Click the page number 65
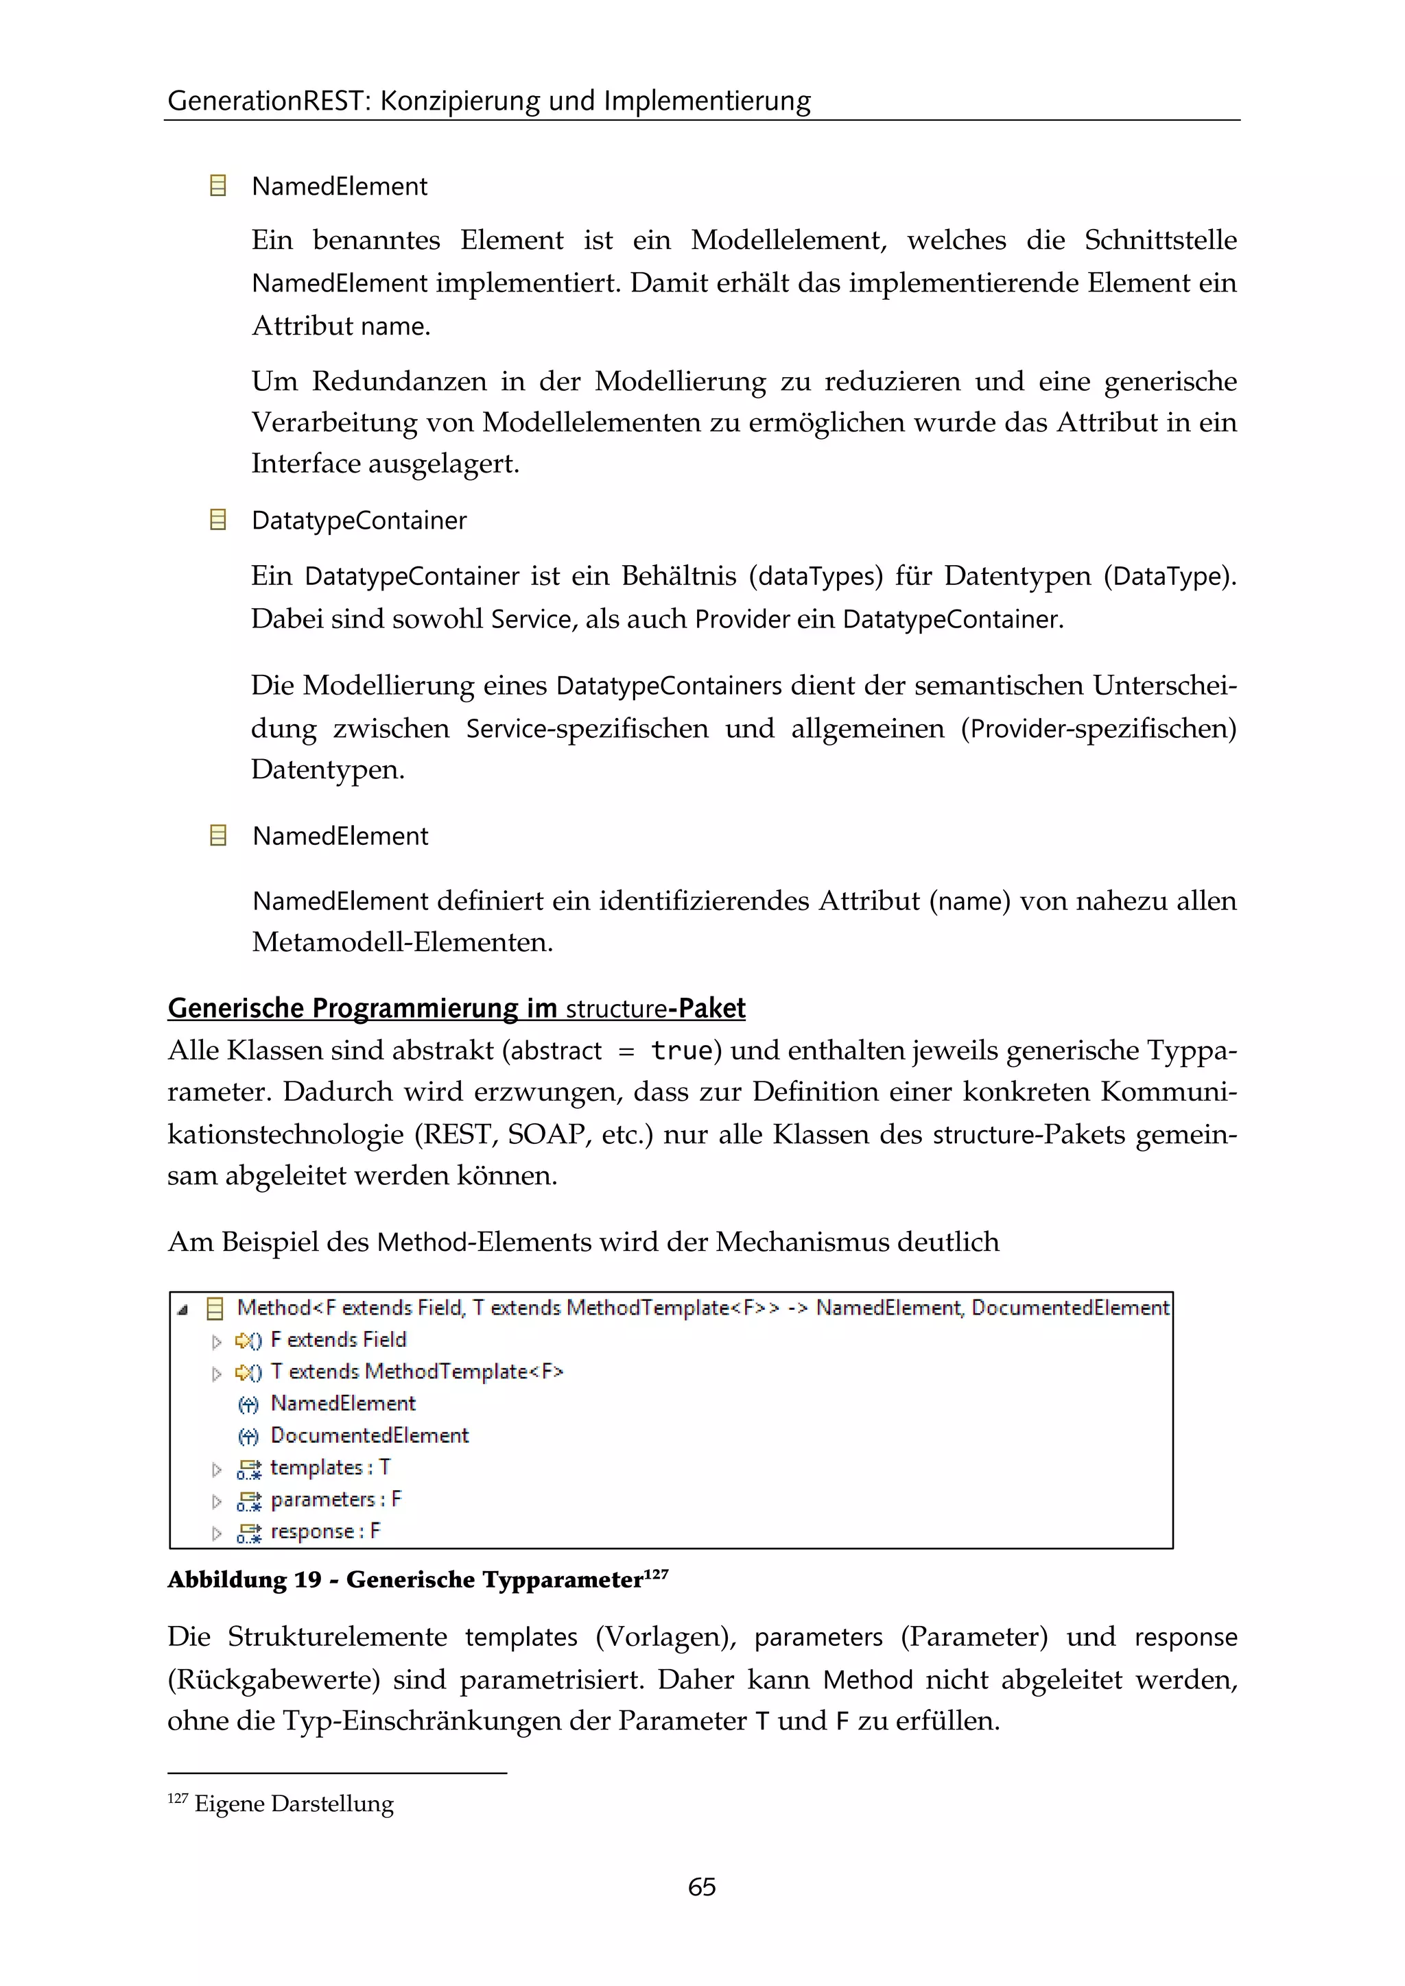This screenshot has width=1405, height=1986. click(x=702, y=1886)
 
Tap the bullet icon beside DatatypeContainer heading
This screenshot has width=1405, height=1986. click(x=218, y=520)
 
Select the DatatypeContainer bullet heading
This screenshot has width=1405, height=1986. click(x=359, y=521)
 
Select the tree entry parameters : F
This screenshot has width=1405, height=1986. click(x=335, y=1500)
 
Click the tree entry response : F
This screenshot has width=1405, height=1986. click(x=325, y=1532)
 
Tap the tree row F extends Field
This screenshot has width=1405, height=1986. click(x=338, y=1340)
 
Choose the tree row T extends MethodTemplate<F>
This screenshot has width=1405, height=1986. click(x=417, y=1372)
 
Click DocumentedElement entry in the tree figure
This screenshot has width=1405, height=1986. click(x=369, y=1436)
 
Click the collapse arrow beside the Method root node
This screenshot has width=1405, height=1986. click(x=182, y=1311)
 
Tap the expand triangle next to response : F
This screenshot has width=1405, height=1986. click(x=216, y=1533)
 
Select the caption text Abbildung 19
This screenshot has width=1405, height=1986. click(x=244, y=1580)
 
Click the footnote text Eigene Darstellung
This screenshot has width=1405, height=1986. click(x=294, y=1804)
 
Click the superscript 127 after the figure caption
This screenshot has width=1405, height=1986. click(x=657, y=1572)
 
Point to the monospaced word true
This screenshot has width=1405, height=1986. click(x=682, y=1051)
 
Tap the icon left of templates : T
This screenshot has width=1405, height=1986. click(x=249, y=1469)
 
